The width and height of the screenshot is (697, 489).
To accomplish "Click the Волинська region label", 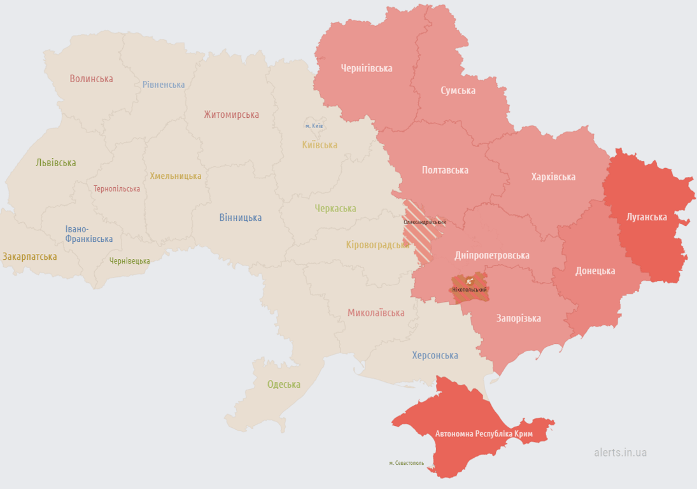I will tap(91, 79).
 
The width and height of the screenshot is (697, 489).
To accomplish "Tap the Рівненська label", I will tap(164, 85).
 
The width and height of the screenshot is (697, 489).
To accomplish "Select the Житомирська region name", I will tap(231, 115).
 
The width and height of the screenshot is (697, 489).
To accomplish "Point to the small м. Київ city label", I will tap(314, 126).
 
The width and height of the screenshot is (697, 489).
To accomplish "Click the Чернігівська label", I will tap(366, 68).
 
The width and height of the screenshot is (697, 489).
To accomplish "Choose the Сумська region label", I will tap(458, 90).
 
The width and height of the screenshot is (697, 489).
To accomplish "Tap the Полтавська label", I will tap(445, 170).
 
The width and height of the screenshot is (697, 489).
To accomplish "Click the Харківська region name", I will tap(553, 176).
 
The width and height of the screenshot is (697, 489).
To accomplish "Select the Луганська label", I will tap(646, 216).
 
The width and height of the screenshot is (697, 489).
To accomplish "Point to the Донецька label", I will tap(595, 271).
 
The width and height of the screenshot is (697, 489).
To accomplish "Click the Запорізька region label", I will tap(518, 318).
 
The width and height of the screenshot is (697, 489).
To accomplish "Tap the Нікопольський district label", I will tap(469, 290).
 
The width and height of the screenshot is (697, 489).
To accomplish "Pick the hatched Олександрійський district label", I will tap(425, 222).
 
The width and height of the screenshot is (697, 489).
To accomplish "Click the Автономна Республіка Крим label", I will tap(484, 434).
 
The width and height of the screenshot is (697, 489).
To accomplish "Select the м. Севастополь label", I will tap(406, 463).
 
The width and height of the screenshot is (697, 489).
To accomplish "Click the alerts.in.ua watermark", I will tap(620, 452).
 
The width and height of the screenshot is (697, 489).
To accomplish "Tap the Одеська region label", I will tap(283, 384).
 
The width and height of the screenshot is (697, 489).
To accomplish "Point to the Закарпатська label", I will tap(29, 257).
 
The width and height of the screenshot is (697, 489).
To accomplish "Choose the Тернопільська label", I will tap(116, 189).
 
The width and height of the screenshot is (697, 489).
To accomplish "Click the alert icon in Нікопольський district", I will tap(469, 281).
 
